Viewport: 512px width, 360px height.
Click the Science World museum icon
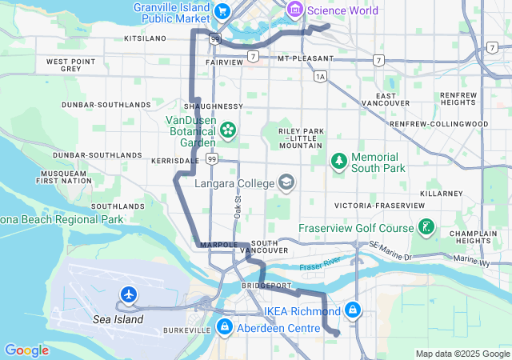tap(295, 10)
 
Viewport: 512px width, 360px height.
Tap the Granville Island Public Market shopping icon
tap(222, 10)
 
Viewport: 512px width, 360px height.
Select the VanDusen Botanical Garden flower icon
tap(228, 129)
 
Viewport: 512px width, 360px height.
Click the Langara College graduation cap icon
tap(286, 183)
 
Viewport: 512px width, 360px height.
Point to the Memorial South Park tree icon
tap(339, 161)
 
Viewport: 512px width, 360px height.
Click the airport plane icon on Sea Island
tap(128, 295)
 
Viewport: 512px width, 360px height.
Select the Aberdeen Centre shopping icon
tap(225, 327)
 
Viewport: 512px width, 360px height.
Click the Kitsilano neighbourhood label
tap(145, 38)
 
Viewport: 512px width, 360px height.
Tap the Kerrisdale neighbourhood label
tap(175, 161)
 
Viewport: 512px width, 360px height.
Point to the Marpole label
tap(216, 244)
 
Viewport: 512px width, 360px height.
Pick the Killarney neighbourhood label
tap(446, 194)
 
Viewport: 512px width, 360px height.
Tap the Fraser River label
tap(320, 266)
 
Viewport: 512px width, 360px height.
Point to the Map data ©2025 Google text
tap(462, 354)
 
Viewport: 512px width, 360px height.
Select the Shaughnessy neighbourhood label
tap(213, 106)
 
